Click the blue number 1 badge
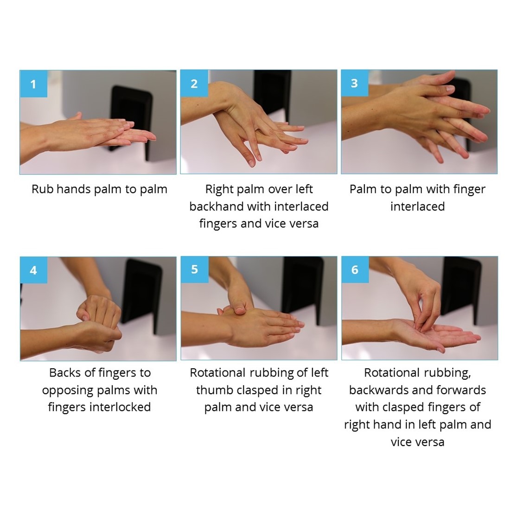click(x=34, y=84)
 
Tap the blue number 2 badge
click(x=194, y=83)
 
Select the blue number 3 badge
click(x=355, y=83)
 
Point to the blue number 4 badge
click(x=34, y=270)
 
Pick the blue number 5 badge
click(x=195, y=269)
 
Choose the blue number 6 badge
click(x=355, y=269)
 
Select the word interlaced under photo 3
click(x=417, y=206)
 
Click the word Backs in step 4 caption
click(x=65, y=373)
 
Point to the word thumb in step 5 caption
click(x=215, y=390)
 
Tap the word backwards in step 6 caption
click(x=378, y=390)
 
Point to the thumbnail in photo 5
click(x=240, y=310)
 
